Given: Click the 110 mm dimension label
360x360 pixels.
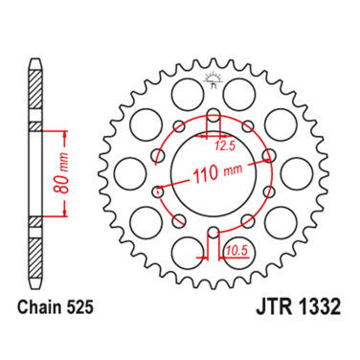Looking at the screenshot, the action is (x=217, y=173).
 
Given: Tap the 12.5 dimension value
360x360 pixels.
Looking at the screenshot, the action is (x=225, y=146).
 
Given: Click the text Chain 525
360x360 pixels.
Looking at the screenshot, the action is (x=56, y=307).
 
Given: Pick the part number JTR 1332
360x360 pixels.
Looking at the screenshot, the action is (x=298, y=307).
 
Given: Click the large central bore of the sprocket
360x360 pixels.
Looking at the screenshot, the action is (x=214, y=174).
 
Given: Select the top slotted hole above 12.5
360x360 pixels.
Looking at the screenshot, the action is (x=214, y=118).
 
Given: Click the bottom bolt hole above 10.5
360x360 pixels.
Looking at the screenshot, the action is (x=214, y=233).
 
